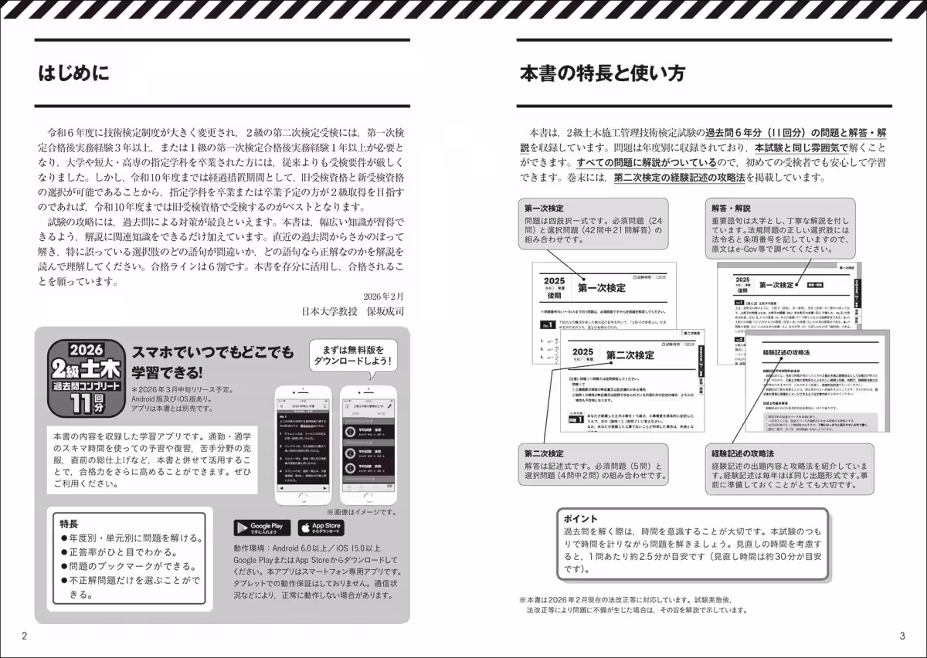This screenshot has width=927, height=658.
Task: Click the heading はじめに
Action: point(75,74)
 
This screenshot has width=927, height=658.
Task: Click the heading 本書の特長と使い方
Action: point(602,74)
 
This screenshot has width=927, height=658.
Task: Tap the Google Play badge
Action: point(263,527)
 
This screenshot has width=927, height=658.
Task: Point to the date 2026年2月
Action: point(383,297)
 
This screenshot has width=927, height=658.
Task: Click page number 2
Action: point(25,636)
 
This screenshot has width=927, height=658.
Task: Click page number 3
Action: point(902,636)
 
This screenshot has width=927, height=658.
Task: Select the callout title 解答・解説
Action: point(731,208)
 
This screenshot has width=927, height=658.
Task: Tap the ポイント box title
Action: point(581,518)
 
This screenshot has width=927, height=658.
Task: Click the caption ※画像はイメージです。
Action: point(361,511)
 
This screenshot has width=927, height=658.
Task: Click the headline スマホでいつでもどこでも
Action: point(212,353)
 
